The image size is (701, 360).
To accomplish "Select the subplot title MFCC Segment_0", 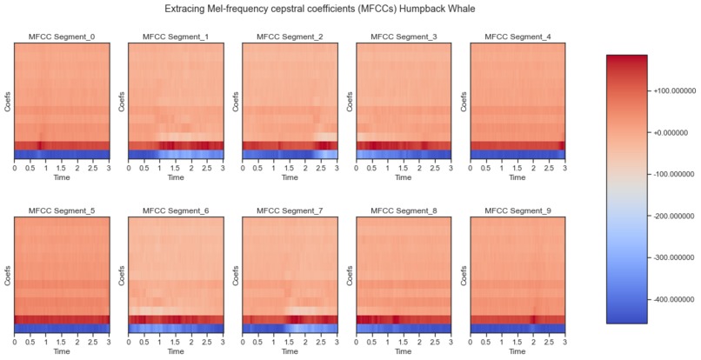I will [x=62, y=37].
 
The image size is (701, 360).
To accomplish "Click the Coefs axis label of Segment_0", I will [x=7, y=101].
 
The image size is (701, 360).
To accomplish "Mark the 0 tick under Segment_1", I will [x=129, y=168].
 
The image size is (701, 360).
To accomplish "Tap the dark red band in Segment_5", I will [x=62, y=319].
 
